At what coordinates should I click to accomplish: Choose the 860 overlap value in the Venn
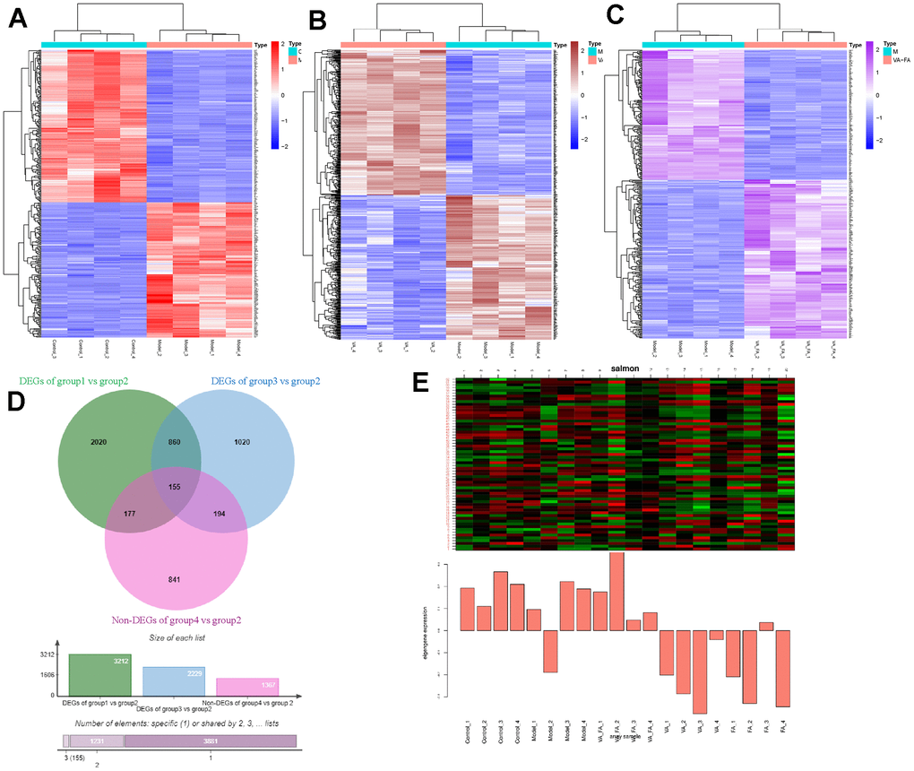tap(168, 444)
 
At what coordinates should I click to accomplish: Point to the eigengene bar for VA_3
tap(700, 671)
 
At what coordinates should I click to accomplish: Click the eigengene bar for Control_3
tap(501, 601)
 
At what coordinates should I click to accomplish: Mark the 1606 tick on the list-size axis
tap(47, 675)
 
